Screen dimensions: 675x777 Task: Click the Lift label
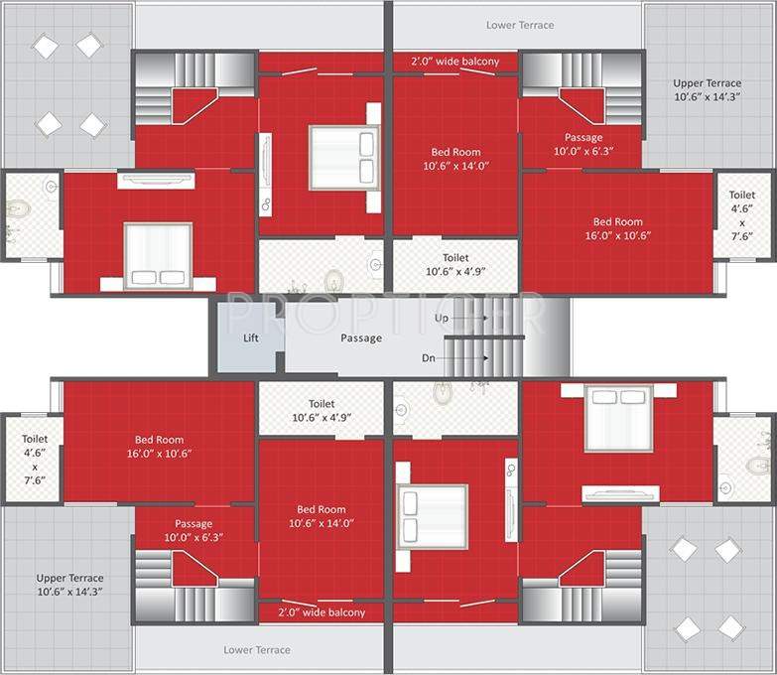tap(251, 337)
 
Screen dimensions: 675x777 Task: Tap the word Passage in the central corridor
tap(361, 337)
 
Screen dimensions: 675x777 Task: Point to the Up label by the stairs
tap(443, 318)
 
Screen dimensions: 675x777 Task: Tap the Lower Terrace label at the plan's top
tap(520, 25)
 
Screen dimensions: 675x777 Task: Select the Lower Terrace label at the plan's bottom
tap(257, 649)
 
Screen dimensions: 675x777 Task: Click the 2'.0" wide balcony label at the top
tap(455, 62)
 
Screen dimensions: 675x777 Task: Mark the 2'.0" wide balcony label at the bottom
tap(322, 612)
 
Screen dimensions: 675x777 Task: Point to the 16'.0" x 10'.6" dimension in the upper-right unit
tap(618, 236)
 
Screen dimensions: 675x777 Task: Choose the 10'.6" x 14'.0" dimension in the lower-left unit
tap(322, 522)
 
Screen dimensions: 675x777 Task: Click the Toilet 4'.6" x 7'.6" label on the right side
tap(741, 222)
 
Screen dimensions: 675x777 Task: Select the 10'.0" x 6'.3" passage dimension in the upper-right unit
tap(583, 152)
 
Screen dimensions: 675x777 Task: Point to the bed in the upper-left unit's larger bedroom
tap(158, 254)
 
